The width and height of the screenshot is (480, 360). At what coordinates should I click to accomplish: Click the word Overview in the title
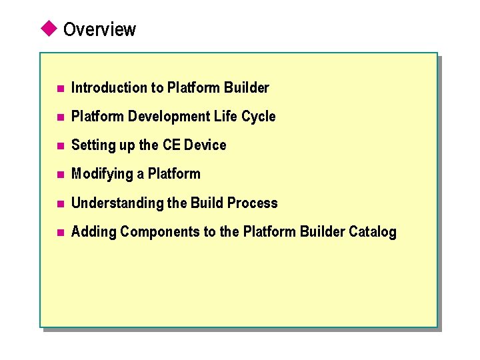(99, 29)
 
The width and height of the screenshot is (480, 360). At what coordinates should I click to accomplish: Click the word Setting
(93, 145)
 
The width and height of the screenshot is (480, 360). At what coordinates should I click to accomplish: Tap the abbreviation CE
(171, 145)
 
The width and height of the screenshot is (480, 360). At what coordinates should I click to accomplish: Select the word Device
(205, 145)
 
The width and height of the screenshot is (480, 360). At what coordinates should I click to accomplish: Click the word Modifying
(103, 174)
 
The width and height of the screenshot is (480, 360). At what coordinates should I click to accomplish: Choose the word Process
(252, 203)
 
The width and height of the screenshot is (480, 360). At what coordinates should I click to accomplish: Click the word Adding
(93, 232)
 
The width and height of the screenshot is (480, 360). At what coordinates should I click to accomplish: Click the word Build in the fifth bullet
(207, 203)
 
